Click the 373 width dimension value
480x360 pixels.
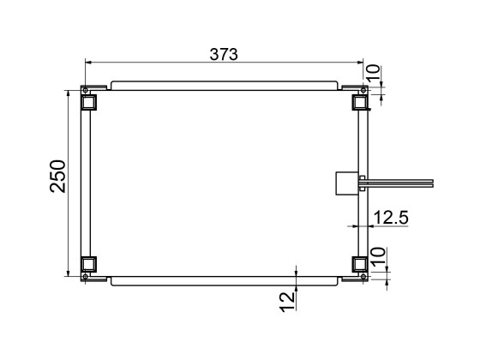pos(225,53)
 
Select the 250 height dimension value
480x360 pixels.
pos(57,177)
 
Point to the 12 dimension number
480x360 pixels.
pos(286,299)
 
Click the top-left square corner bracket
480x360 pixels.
pos(88,102)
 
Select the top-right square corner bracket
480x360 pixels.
pos(361,102)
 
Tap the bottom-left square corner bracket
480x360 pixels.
pos(88,264)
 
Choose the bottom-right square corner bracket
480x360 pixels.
pos(361,264)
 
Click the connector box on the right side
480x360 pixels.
pos(347,183)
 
